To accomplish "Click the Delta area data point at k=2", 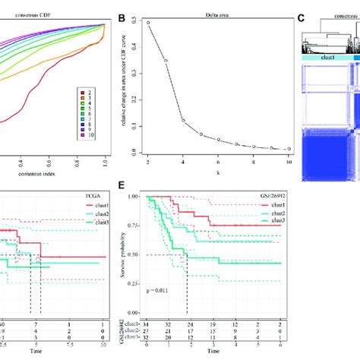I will click(x=148, y=23).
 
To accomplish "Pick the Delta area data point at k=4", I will click(x=182, y=119).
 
